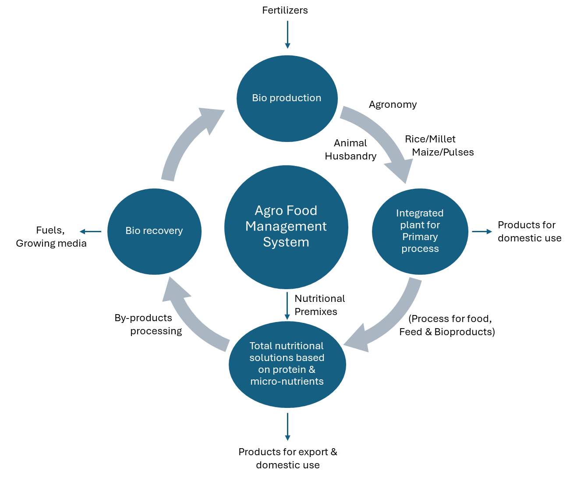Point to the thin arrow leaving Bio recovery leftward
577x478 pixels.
[x=91, y=231]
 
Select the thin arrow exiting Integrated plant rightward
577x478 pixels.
[x=481, y=231]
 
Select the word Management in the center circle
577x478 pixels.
[x=286, y=227]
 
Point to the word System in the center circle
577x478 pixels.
[x=286, y=242]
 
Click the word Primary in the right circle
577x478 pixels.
[x=420, y=237]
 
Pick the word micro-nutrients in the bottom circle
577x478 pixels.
[x=287, y=382]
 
